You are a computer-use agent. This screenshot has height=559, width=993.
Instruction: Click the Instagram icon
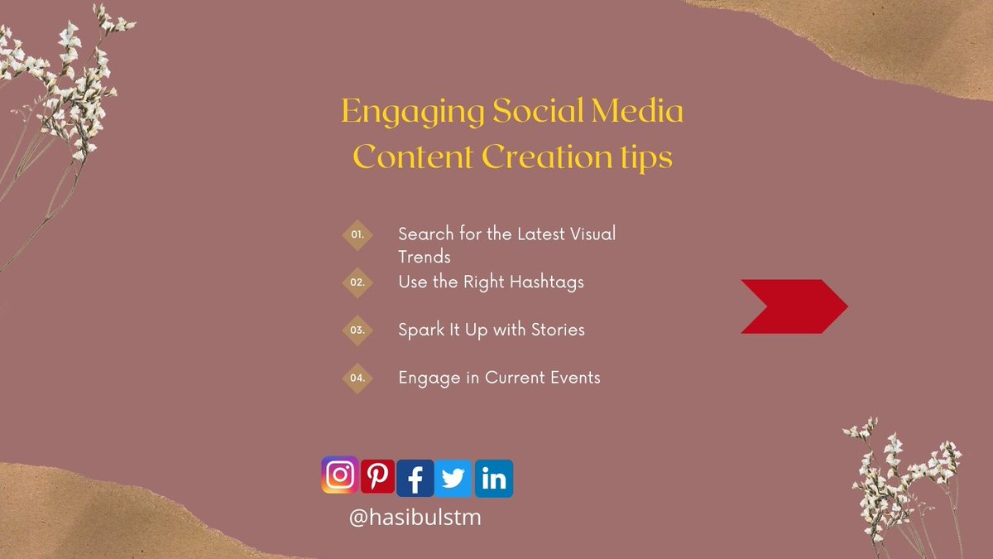(339, 475)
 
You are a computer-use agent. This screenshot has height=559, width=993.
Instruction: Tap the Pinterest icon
(377, 476)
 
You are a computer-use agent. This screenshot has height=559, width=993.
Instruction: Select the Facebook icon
(415, 479)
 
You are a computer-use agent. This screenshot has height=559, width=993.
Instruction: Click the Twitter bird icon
(453, 479)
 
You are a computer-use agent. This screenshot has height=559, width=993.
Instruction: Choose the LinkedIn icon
(493, 479)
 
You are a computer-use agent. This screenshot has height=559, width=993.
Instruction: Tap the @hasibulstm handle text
(415, 518)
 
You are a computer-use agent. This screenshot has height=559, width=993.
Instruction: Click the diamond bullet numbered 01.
(357, 234)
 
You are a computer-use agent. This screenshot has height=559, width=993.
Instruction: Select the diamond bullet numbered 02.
(357, 282)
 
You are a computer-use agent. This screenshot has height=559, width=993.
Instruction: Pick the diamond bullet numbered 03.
(357, 330)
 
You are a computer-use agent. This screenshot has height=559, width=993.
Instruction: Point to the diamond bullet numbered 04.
(357, 378)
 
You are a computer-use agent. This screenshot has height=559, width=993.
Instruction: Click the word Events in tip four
(573, 378)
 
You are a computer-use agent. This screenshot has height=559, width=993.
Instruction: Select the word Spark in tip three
(420, 330)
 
